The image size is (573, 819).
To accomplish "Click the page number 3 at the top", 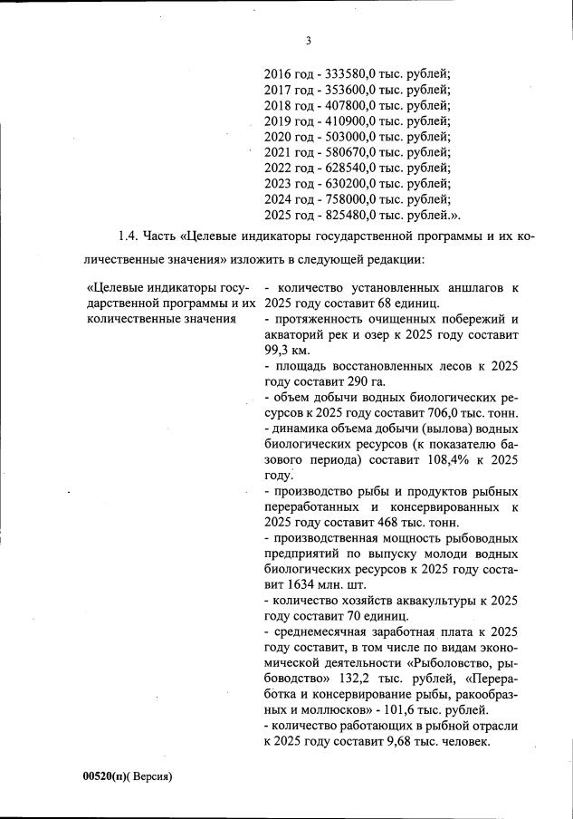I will (308, 41).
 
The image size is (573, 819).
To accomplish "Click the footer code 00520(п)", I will (105, 778).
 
